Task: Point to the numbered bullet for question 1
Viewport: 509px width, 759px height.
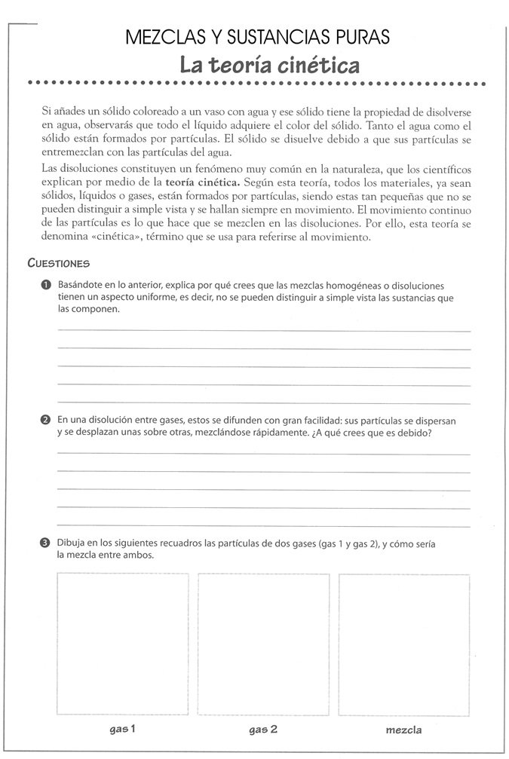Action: tap(46, 286)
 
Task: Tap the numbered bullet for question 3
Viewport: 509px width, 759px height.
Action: tap(46, 544)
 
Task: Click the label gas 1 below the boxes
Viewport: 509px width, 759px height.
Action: tap(122, 729)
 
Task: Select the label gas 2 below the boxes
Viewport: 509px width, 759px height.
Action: tap(263, 730)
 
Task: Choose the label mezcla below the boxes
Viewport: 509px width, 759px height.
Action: tap(403, 730)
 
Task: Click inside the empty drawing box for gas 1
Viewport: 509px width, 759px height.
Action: tap(122, 644)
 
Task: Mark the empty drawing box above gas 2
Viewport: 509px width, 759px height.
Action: tap(263, 644)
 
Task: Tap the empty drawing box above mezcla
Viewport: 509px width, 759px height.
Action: tap(403, 644)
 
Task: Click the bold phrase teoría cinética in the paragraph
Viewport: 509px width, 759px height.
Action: tap(198, 182)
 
